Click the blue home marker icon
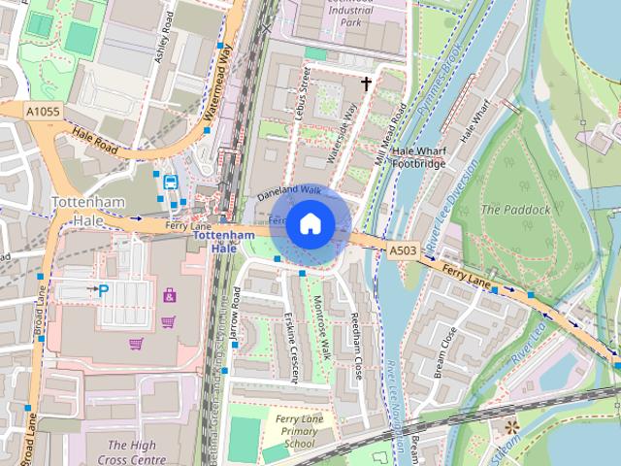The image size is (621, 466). pos(310,224)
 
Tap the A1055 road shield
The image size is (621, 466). pos(43,113)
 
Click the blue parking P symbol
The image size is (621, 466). pos(104,288)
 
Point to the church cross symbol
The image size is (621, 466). pos(367,84)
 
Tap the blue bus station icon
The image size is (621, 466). pos(171,182)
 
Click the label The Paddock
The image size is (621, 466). pos(515,209)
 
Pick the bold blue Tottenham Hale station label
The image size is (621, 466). pos(223,241)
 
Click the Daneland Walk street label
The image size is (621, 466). pos(288,191)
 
